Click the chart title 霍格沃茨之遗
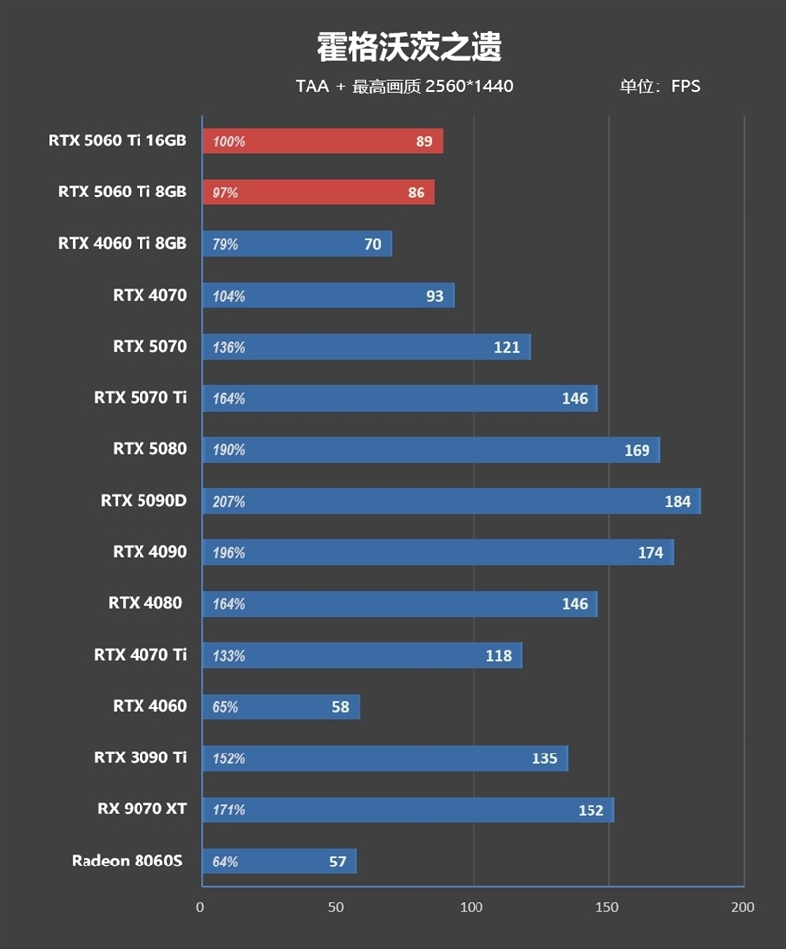(x=409, y=45)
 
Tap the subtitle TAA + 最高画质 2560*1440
(x=404, y=86)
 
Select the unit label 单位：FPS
(x=659, y=86)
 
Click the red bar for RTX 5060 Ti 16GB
(x=322, y=141)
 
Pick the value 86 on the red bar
(x=417, y=193)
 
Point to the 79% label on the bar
(x=225, y=244)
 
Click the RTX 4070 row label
(x=149, y=295)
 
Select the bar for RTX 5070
(x=365, y=347)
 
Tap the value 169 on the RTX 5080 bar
(x=637, y=450)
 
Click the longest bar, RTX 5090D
(x=451, y=501)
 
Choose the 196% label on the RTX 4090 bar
(x=228, y=553)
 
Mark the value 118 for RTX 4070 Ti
(x=499, y=655)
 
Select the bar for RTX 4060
(x=281, y=706)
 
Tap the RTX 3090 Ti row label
(x=140, y=757)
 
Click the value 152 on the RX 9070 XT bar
(x=591, y=809)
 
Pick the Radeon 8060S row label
(x=128, y=861)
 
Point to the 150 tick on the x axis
(x=608, y=907)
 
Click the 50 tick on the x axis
(x=337, y=907)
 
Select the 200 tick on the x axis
(x=743, y=907)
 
